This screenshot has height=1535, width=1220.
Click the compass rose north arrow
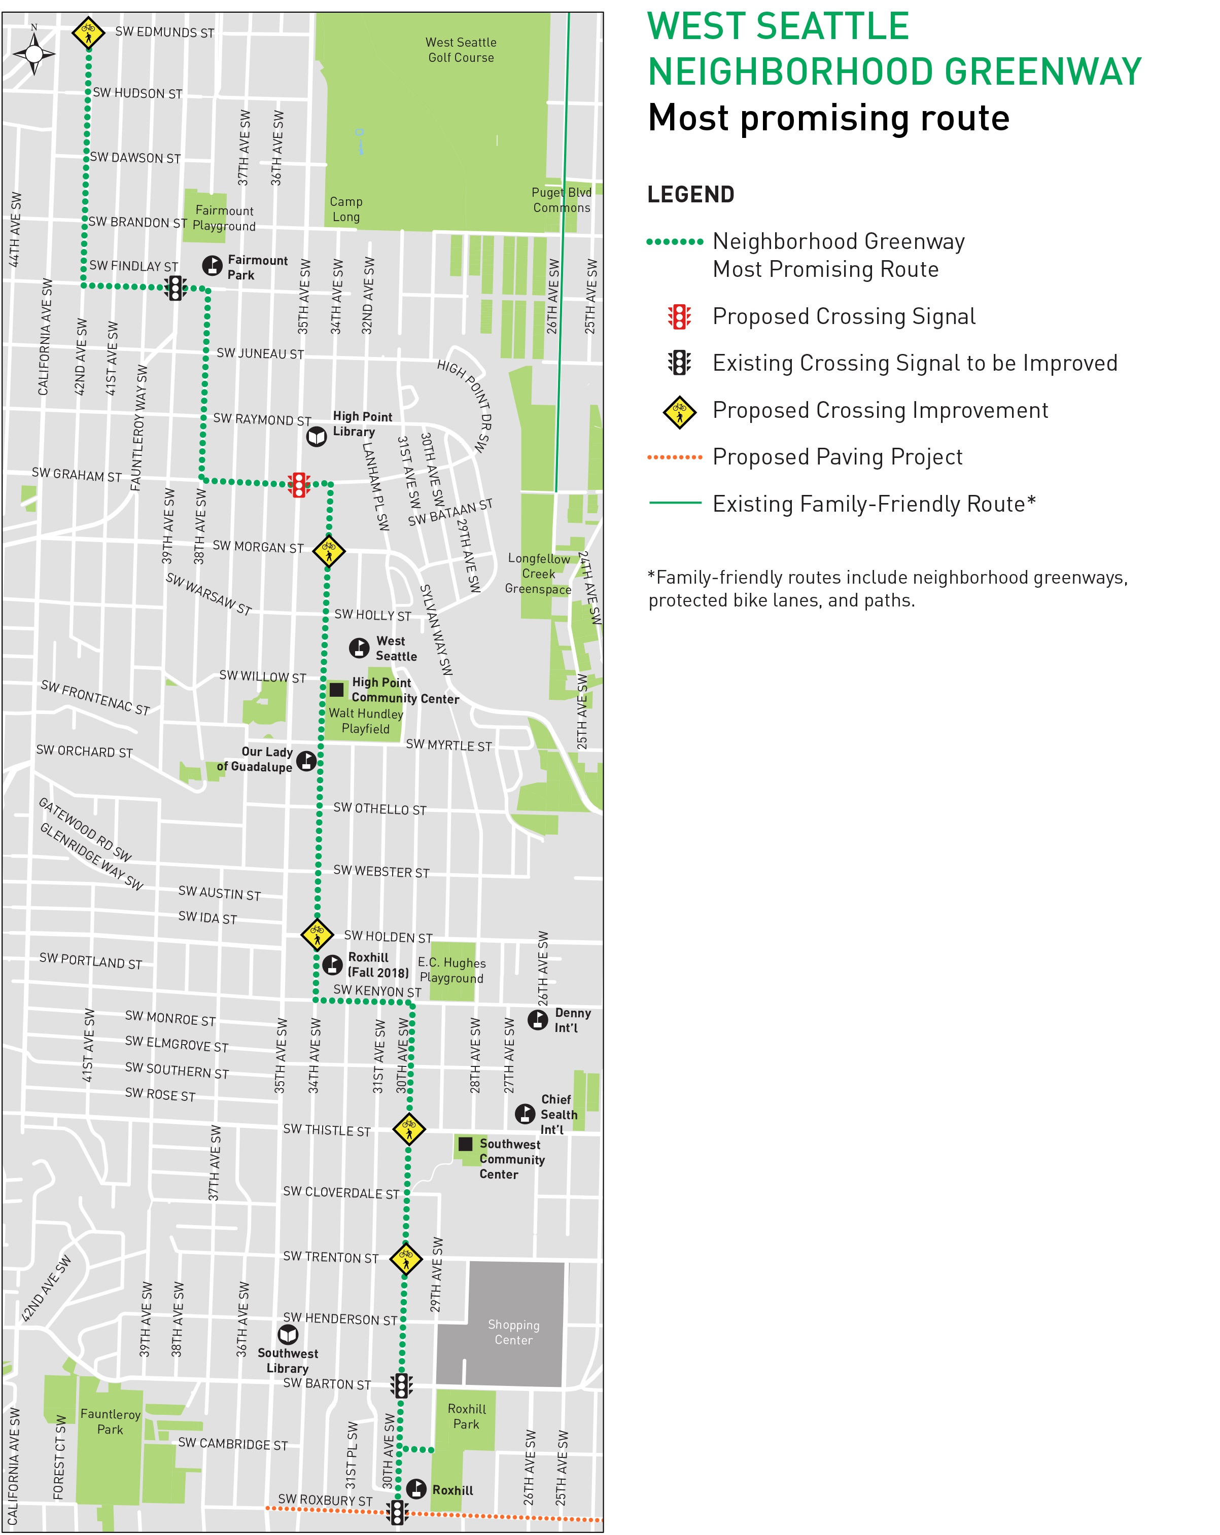pos(33,52)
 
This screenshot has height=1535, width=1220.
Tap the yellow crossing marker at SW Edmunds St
pos(88,32)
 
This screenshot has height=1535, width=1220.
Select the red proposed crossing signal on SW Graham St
pos(299,484)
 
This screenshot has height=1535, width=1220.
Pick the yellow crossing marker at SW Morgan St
pos(329,550)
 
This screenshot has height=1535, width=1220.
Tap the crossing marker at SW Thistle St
pos(409,1128)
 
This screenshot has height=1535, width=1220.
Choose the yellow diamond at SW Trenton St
pos(406,1258)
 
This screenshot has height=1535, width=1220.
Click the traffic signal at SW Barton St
pos(402,1385)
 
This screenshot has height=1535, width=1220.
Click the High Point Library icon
pos(316,436)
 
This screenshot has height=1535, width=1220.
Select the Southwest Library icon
pos(288,1334)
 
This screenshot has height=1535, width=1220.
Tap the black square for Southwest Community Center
pos(465,1144)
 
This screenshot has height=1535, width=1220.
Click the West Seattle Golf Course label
pos(461,50)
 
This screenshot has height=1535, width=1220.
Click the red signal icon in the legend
pos(679,317)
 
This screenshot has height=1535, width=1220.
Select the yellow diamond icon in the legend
pos(679,412)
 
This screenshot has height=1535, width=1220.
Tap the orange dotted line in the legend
pos(675,458)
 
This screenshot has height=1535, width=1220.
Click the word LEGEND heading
pos(690,194)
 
